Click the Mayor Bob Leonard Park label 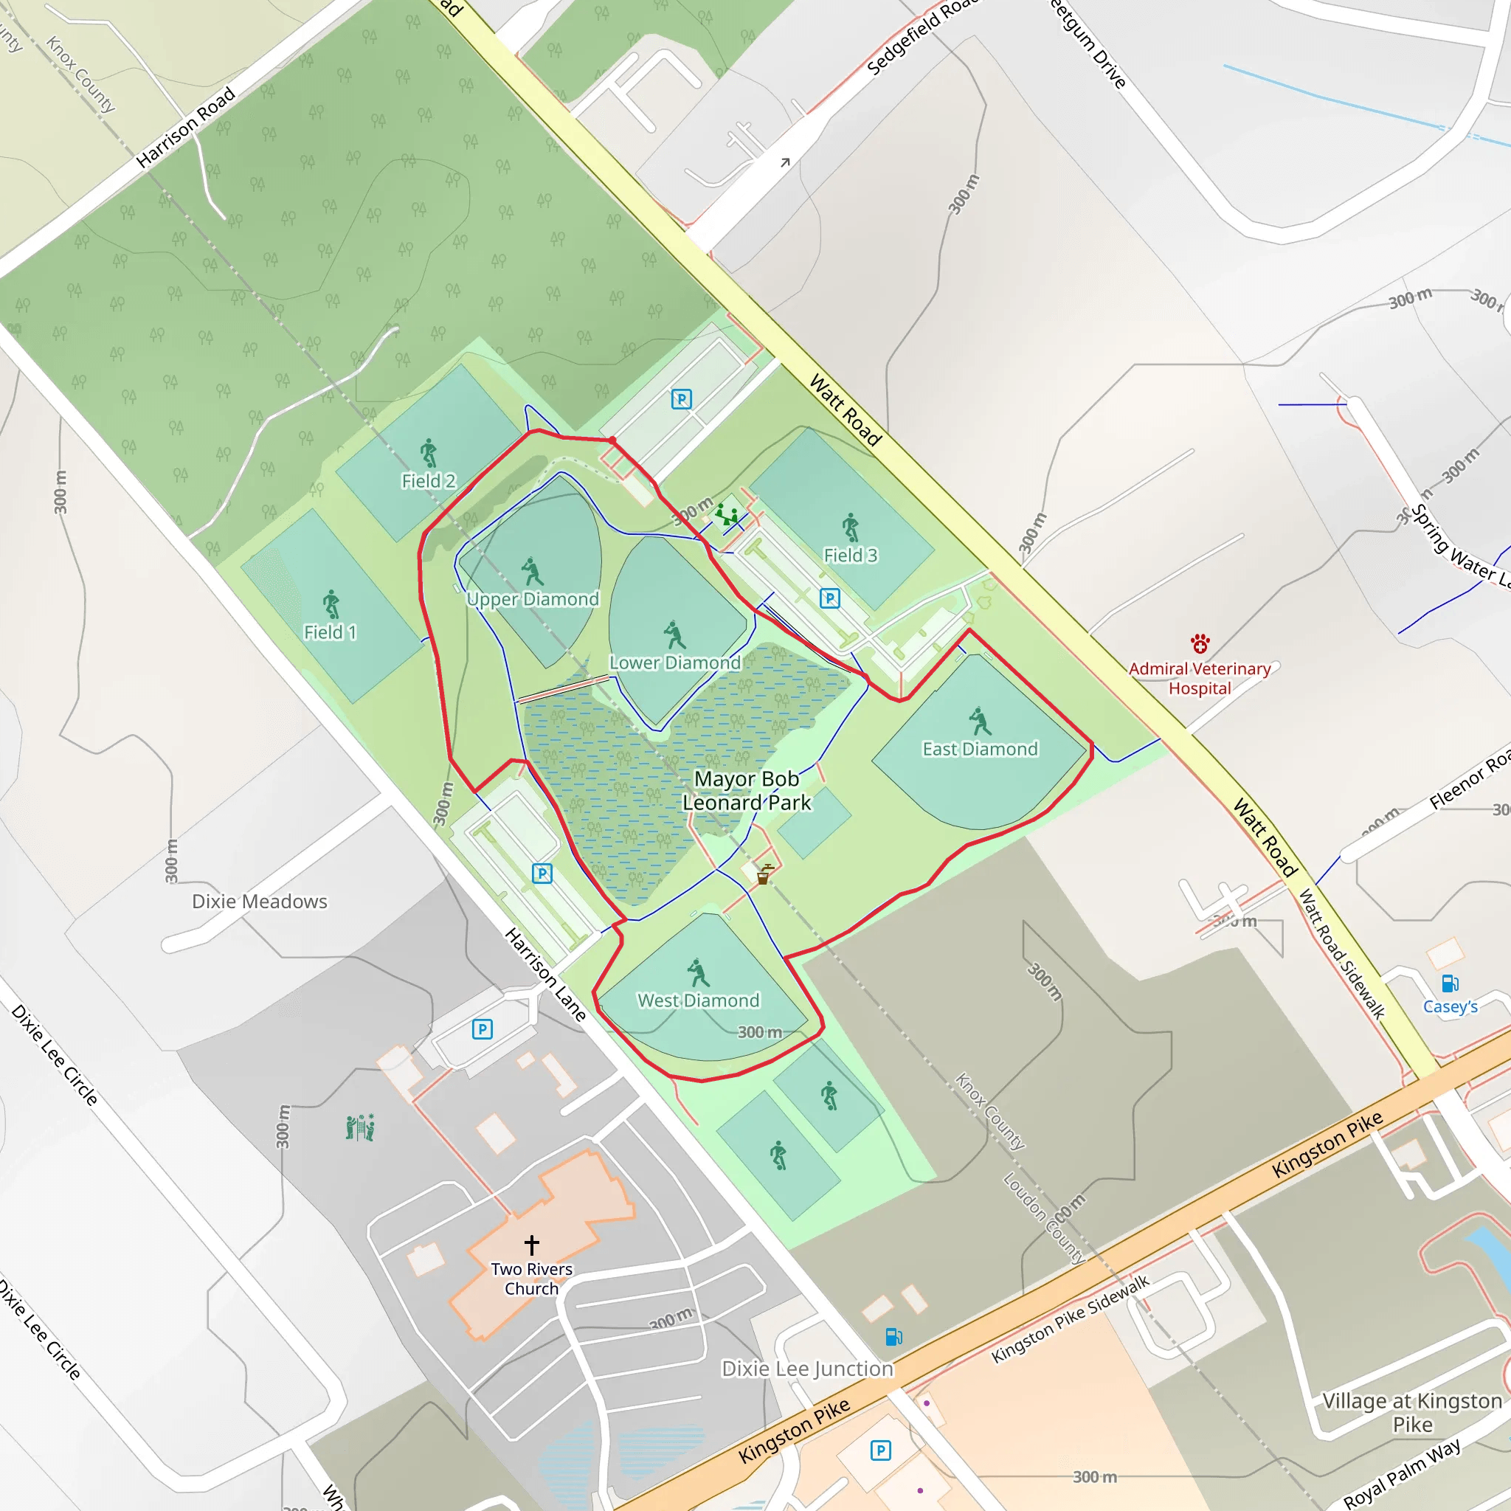click(746, 791)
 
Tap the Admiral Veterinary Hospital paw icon click(1200, 643)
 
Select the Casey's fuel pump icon click(1449, 983)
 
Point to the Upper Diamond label click(533, 599)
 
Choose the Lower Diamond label click(675, 663)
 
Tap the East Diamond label click(980, 750)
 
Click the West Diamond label click(699, 1000)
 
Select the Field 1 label click(330, 632)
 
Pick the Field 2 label click(429, 481)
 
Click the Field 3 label click(850, 556)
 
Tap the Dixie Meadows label click(260, 901)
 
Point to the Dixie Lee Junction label click(807, 1369)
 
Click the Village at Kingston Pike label click(1412, 1412)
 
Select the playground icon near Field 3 click(727, 515)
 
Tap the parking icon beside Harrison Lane click(542, 873)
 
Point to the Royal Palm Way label click(1402, 1473)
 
